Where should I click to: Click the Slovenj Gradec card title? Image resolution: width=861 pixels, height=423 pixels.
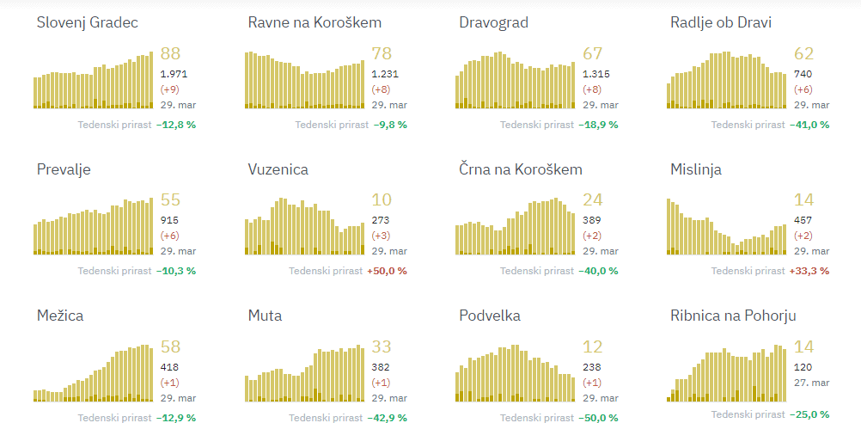pos(87,22)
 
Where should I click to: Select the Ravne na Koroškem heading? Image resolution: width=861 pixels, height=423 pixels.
pos(314,22)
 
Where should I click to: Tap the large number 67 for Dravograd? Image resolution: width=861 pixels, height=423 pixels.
pos(593,54)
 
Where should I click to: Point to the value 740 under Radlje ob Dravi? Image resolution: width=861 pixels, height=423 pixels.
pos(803,74)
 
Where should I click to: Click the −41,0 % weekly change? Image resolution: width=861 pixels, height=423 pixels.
pos(809,125)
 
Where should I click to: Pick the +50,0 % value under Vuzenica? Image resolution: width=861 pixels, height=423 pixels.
pos(387,271)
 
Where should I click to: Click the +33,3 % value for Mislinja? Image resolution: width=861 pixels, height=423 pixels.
pos(809,271)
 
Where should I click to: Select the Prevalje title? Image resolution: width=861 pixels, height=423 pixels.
pos(64,169)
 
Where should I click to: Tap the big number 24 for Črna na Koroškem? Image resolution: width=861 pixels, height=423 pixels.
pos(593,200)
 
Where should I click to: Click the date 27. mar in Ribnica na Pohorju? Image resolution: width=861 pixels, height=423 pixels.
pos(811,383)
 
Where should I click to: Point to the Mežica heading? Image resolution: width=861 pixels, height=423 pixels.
pos(60,316)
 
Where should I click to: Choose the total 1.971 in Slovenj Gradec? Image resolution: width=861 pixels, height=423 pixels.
pos(174,74)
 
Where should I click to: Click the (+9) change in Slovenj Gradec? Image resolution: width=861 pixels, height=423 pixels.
pos(170,89)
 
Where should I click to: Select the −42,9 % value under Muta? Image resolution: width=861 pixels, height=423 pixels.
pos(387,418)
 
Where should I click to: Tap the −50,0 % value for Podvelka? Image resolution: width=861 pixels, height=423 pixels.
pos(598,418)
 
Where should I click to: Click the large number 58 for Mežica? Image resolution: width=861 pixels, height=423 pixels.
pos(170,347)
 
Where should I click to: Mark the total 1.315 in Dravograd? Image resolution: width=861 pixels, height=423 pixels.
pos(596,74)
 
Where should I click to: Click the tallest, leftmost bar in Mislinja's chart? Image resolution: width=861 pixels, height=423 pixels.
pos(669,227)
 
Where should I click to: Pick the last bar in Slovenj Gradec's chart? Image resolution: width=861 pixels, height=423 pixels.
pos(151,80)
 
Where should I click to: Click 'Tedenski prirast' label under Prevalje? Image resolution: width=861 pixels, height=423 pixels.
pos(114,271)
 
